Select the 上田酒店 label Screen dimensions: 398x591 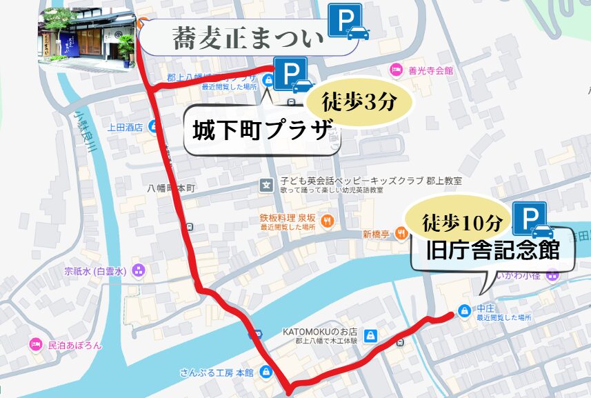124,127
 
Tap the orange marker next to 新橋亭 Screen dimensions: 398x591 401,234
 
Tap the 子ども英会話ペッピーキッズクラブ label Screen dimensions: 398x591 370,181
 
